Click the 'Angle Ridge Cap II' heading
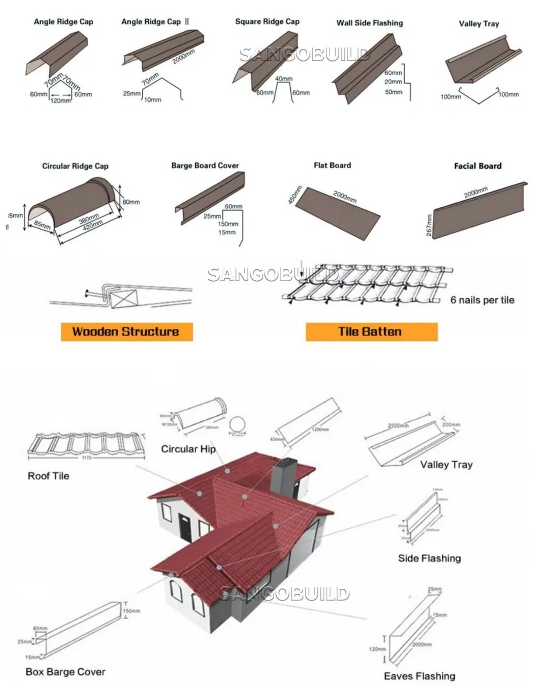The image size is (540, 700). click(155, 21)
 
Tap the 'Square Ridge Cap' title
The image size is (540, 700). click(267, 21)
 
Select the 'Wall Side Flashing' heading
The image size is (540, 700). click(369, 23)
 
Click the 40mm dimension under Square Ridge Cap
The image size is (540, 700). click(284, 79)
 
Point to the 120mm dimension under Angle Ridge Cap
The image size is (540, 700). click(61, 101)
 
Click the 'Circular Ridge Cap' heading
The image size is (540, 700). click(75, 166)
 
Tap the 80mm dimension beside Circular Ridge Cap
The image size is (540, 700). click(131, 202)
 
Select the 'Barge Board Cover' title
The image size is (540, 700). click(205, 166)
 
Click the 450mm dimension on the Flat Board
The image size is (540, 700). click(294, 195)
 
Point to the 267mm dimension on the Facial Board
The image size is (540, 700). click(428, 225)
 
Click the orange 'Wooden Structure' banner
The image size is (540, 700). click(126, 332)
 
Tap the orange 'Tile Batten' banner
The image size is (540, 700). click(371, 332)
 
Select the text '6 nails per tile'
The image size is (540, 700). click(482, 300)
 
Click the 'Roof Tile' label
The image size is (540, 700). click(48, 476)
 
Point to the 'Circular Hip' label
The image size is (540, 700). click(188, 449)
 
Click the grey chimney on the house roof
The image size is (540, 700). click(284, 476)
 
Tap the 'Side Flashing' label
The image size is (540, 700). click(429, 558)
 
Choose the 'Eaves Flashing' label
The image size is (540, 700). click(419, 676)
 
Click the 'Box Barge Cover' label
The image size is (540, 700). click(65, 672)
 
